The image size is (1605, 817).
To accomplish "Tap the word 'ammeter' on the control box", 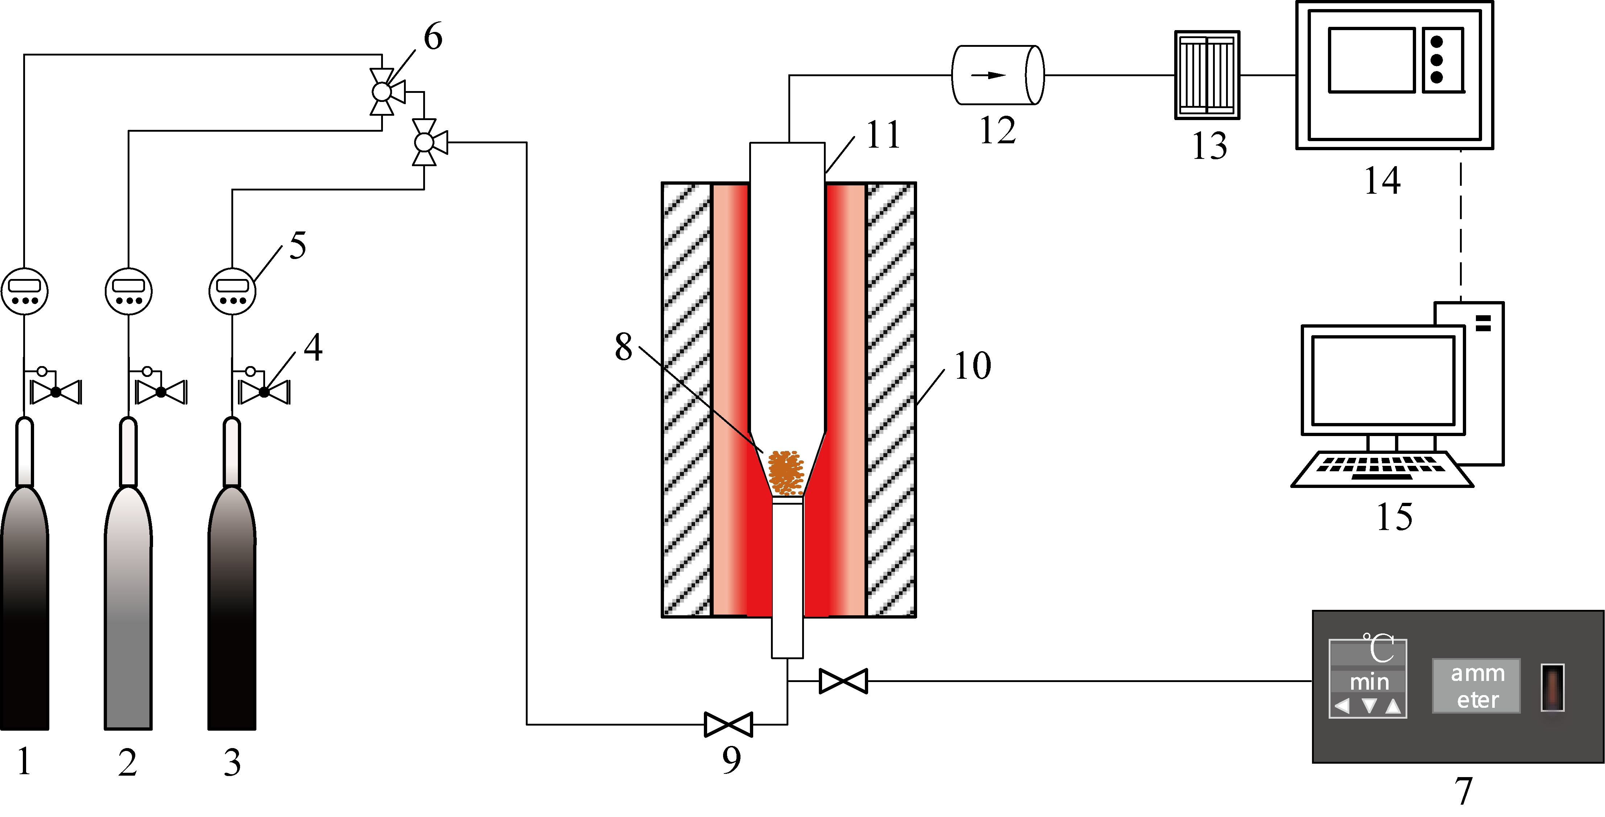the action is (x=1477, y=686).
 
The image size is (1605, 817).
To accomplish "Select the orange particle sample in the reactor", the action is (x=786, y=472).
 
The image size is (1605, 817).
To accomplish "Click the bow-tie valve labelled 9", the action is (x=729, y=724).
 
